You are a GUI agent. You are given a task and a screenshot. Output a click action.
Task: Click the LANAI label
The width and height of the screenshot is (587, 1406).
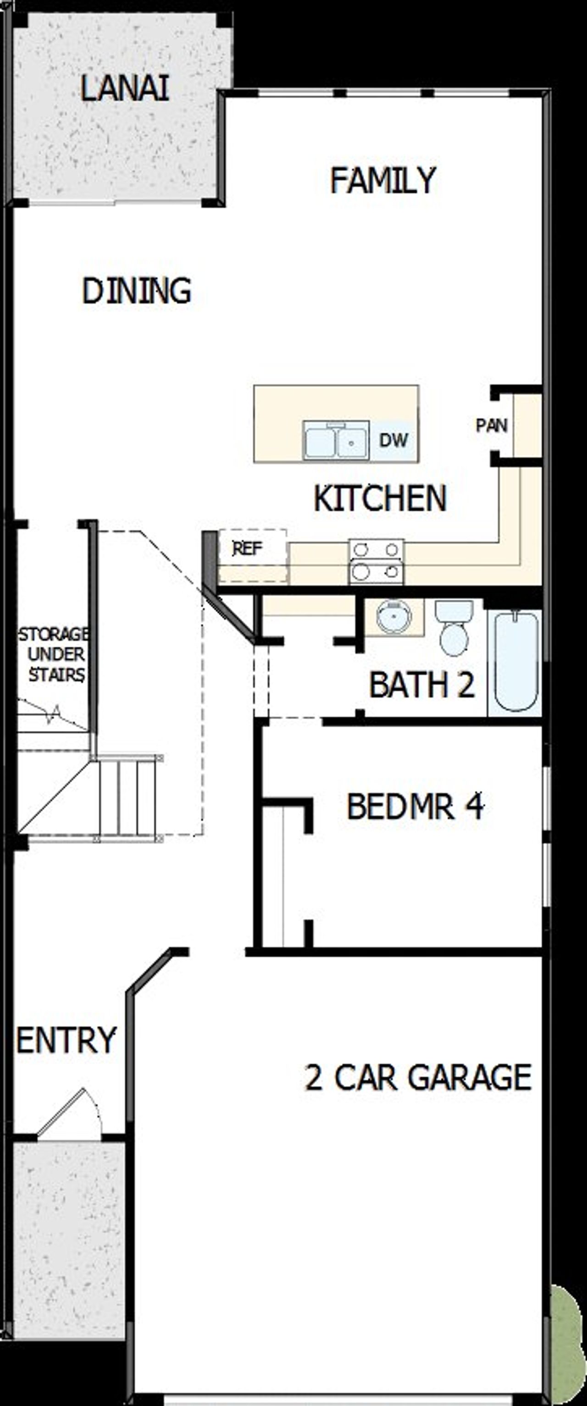tap(124, 88)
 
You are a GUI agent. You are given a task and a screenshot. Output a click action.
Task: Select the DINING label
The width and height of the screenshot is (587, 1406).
tap(137, 290)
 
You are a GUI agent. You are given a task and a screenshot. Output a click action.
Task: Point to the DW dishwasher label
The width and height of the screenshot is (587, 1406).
tap(393, 440)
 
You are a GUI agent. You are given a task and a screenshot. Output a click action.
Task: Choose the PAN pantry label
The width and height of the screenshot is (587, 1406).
tap(492, 425)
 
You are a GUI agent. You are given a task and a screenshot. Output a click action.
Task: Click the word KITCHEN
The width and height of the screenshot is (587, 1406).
tap(380, 498)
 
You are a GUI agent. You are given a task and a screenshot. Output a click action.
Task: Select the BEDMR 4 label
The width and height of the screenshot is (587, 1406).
tap(415, 807)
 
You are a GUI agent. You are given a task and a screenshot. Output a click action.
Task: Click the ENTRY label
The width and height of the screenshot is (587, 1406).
tap(66, 1041)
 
